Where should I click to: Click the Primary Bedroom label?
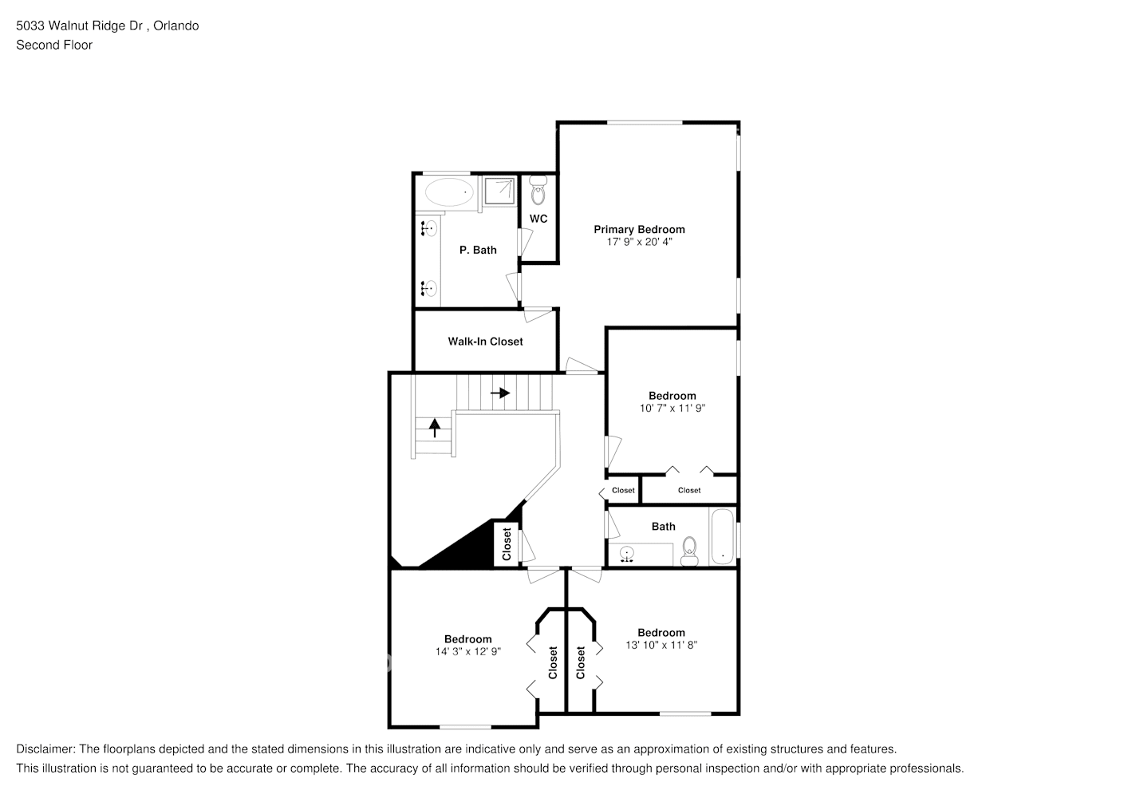639,229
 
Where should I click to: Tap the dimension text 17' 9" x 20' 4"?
639,242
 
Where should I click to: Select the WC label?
538,219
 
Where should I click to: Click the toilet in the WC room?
538,192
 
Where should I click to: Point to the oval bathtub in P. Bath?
448,192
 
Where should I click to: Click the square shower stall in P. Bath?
500,190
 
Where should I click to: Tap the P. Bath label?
478,250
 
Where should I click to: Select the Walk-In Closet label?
485,342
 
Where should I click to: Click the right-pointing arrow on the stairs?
500,393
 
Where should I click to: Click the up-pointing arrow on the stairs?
435,428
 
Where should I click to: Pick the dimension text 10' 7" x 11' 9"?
672,408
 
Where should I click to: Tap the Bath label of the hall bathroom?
663,526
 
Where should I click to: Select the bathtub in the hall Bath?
722,536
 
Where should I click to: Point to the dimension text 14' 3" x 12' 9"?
467,651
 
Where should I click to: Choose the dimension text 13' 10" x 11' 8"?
661,645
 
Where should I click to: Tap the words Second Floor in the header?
54,45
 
